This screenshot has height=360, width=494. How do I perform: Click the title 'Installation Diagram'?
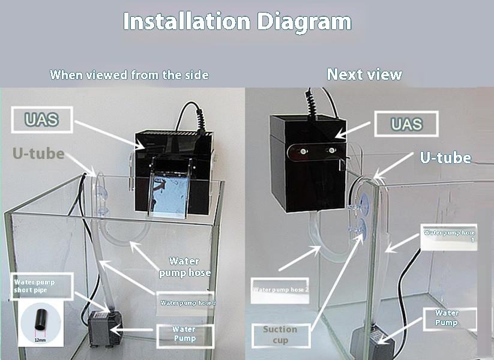237,22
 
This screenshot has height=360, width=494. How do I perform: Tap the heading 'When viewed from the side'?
129,75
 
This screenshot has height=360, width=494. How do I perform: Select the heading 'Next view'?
364,74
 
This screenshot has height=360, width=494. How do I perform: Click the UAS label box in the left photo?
41,119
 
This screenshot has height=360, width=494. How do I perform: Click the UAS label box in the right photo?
406,124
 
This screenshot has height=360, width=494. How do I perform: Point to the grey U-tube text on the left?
38,154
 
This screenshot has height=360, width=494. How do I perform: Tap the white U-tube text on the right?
445,158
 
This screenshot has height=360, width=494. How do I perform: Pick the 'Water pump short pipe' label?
41,286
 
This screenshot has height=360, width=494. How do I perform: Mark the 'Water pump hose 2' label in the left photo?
188,303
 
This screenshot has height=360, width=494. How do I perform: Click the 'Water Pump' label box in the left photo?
184,334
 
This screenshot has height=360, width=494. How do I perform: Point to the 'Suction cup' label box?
280,335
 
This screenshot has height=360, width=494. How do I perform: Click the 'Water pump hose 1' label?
449,236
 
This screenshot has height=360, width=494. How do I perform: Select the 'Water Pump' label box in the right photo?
447,318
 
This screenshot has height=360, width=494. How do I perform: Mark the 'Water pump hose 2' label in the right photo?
280,290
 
